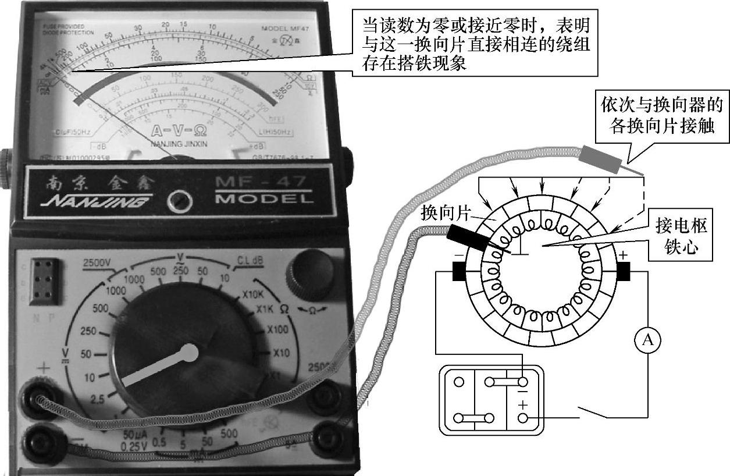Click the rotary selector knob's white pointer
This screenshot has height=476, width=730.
pyautogui.click(x=157, y=367)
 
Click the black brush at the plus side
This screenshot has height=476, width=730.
pyautogui.click(x=623, y=271)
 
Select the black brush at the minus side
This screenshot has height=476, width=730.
pyautogui.click(x=459, y=271)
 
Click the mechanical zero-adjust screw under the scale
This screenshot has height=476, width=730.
pyautogui.click(x=179, y=201)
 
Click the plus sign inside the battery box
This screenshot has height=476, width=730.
pyautogui.click(x=522, y=404)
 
